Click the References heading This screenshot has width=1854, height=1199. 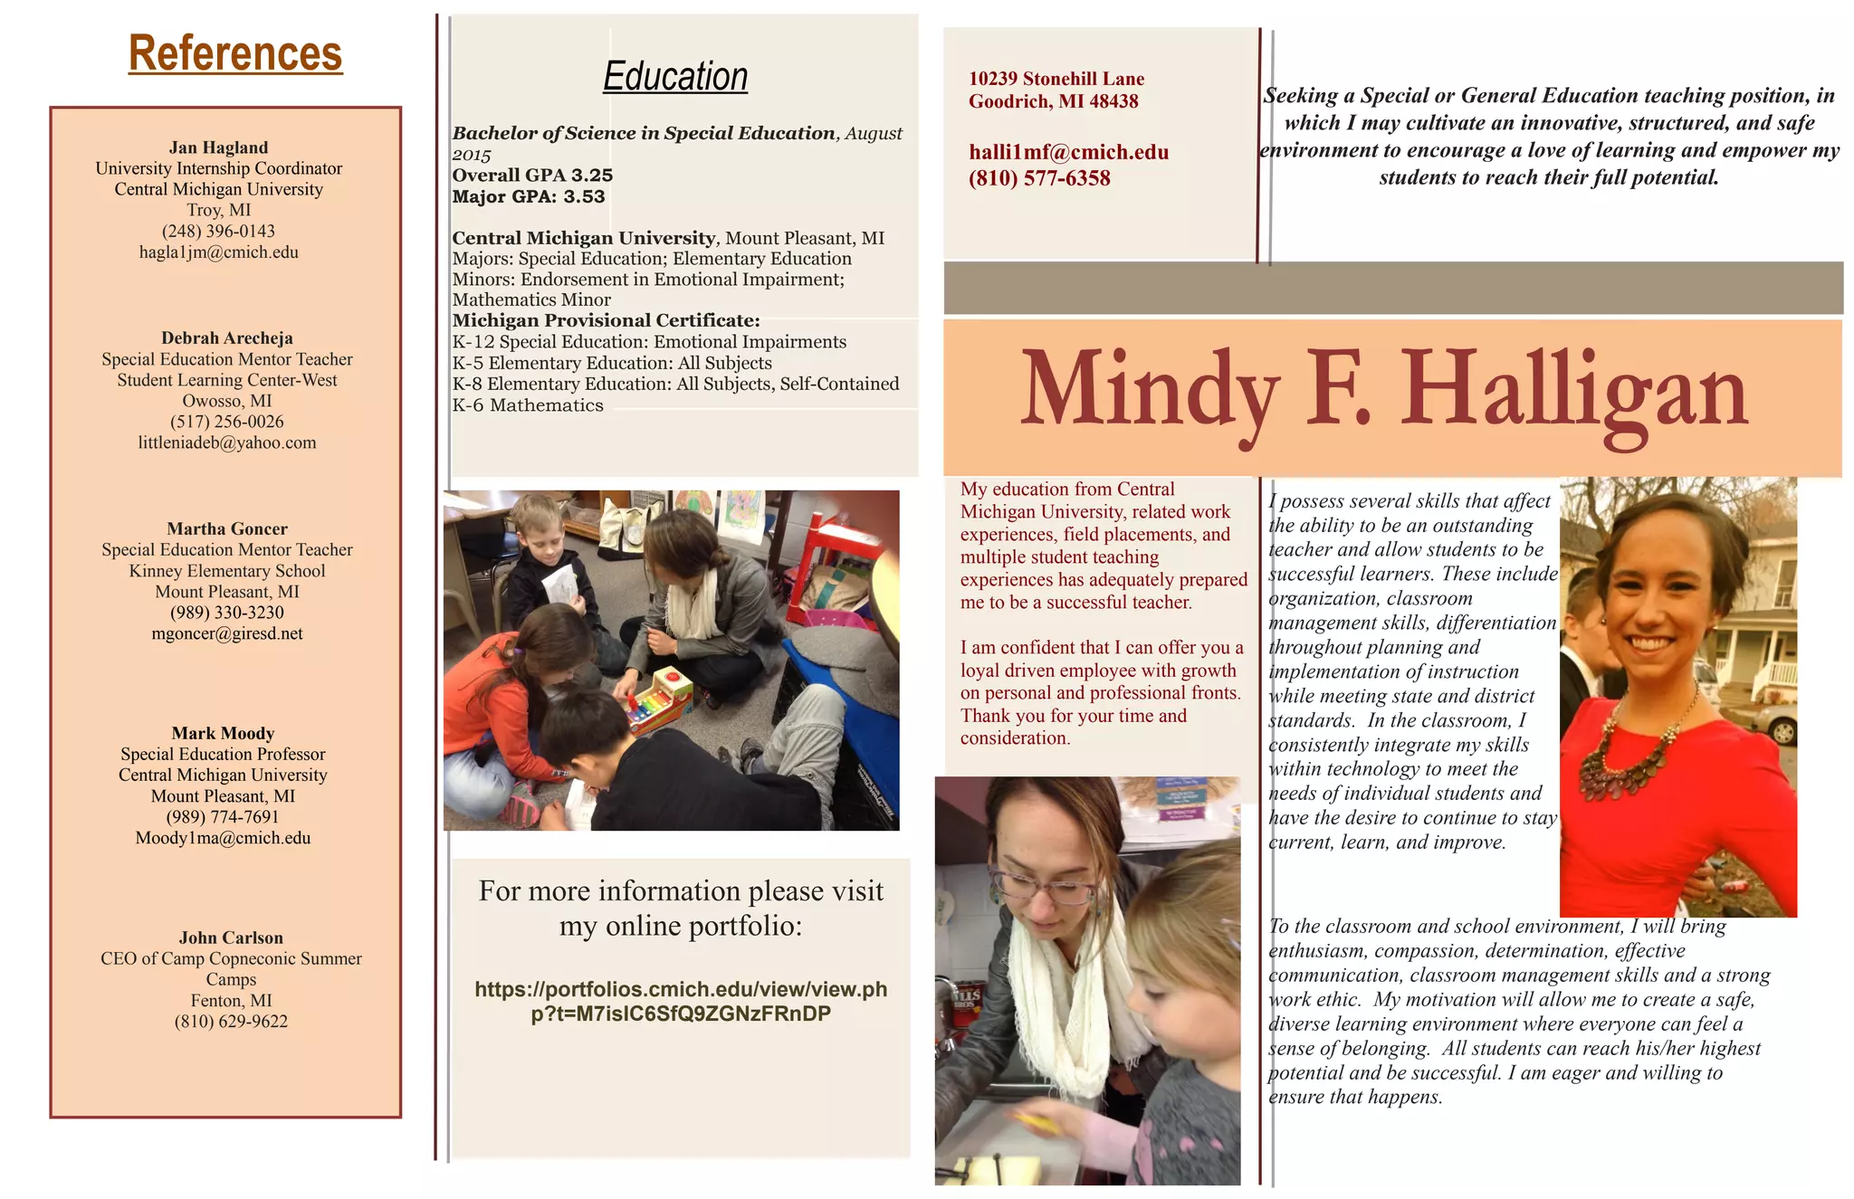235,53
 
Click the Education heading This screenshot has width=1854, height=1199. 675,77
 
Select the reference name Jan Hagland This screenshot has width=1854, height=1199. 218,147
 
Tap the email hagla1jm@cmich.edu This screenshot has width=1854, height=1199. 218,252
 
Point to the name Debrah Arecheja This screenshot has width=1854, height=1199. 227,338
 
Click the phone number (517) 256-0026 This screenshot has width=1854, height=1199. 227,422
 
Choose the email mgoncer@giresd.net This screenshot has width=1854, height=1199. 227,633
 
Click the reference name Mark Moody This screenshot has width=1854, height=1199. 223,733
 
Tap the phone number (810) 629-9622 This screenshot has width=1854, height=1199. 231,1022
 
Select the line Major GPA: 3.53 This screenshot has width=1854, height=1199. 529,196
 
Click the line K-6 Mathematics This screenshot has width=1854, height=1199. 528,405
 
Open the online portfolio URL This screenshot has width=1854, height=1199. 681,1001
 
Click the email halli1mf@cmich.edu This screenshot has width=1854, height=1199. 1068,152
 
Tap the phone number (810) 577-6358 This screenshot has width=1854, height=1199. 1039,178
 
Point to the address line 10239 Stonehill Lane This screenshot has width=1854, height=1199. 1056,79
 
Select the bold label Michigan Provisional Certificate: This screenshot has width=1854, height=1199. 606,320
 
